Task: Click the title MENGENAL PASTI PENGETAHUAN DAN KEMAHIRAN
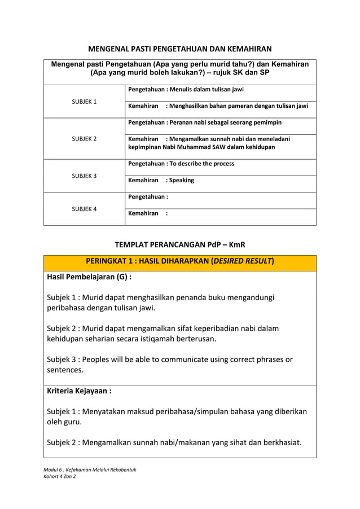coord(180,49)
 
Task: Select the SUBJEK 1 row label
coord(84,102)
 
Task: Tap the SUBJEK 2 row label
coord(84,139)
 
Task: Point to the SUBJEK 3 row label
coord(84,176)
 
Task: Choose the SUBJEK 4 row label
coord(84,209)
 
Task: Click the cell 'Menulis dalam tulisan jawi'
coord(186,89)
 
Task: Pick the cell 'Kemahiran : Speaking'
coord(161,181)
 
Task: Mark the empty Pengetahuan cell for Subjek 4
coord(220,197)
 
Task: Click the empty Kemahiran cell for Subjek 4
coord(220,214)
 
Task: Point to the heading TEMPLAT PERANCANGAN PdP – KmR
coord(180,244)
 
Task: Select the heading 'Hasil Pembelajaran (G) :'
coord(89,277)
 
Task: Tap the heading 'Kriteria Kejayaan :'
coord(79,390)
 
